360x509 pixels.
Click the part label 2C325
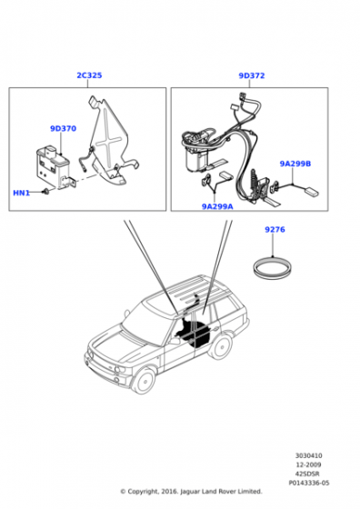89,75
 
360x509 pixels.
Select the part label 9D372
252,75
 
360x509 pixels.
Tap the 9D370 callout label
64,128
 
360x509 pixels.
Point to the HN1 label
22,193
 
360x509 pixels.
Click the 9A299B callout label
295,164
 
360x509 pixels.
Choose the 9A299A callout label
217,206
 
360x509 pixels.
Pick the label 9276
275,229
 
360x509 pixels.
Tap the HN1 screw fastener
45,192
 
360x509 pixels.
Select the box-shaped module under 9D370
52,166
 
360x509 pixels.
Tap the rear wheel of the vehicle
222,346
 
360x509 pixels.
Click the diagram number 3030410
309,455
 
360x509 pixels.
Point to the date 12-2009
309,464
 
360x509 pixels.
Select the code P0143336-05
309,483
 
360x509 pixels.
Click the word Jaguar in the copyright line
190,492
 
